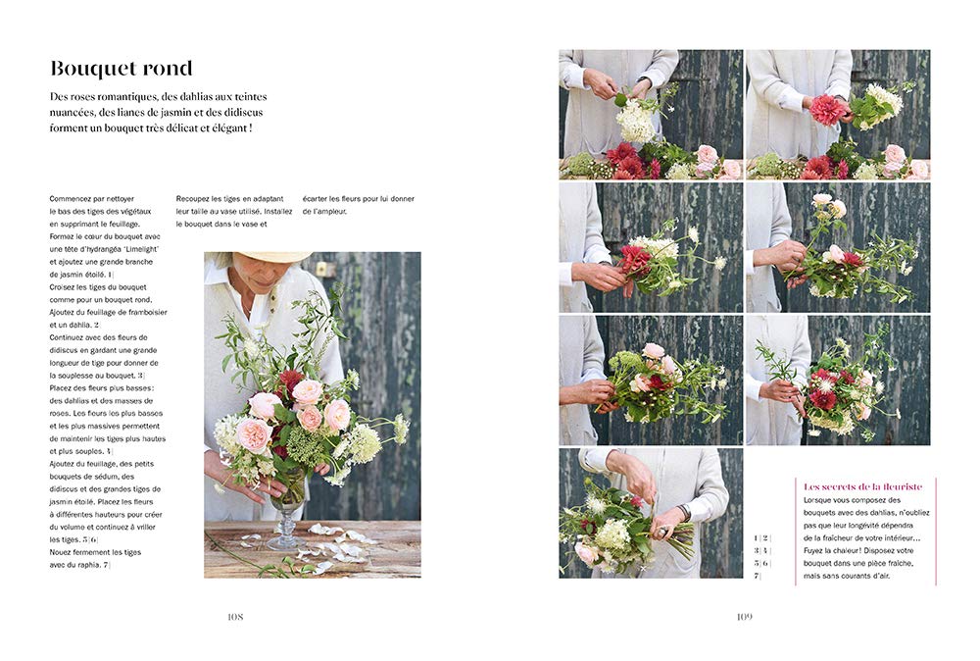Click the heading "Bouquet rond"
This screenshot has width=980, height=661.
[122, 69]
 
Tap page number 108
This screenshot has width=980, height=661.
[235, 617]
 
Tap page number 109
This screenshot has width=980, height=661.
[744, 617]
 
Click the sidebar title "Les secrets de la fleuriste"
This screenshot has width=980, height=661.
[862, 486]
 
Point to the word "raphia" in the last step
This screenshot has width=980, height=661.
[88, 565]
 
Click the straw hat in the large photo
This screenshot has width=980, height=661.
[273, 256]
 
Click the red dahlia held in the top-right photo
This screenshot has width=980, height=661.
[826, 110]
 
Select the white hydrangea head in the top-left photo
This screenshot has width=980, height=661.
[636, 122]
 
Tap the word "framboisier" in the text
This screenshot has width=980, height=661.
[147, 312]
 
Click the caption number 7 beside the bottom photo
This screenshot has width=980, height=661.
[756, 576]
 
